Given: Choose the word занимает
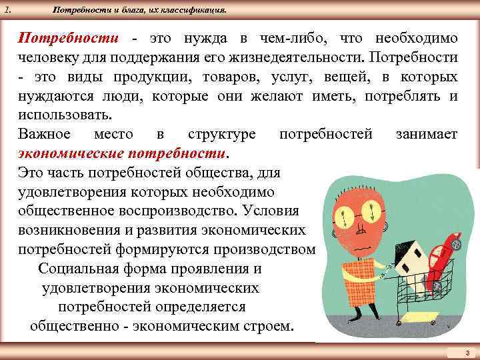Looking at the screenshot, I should tap(426, 134).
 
